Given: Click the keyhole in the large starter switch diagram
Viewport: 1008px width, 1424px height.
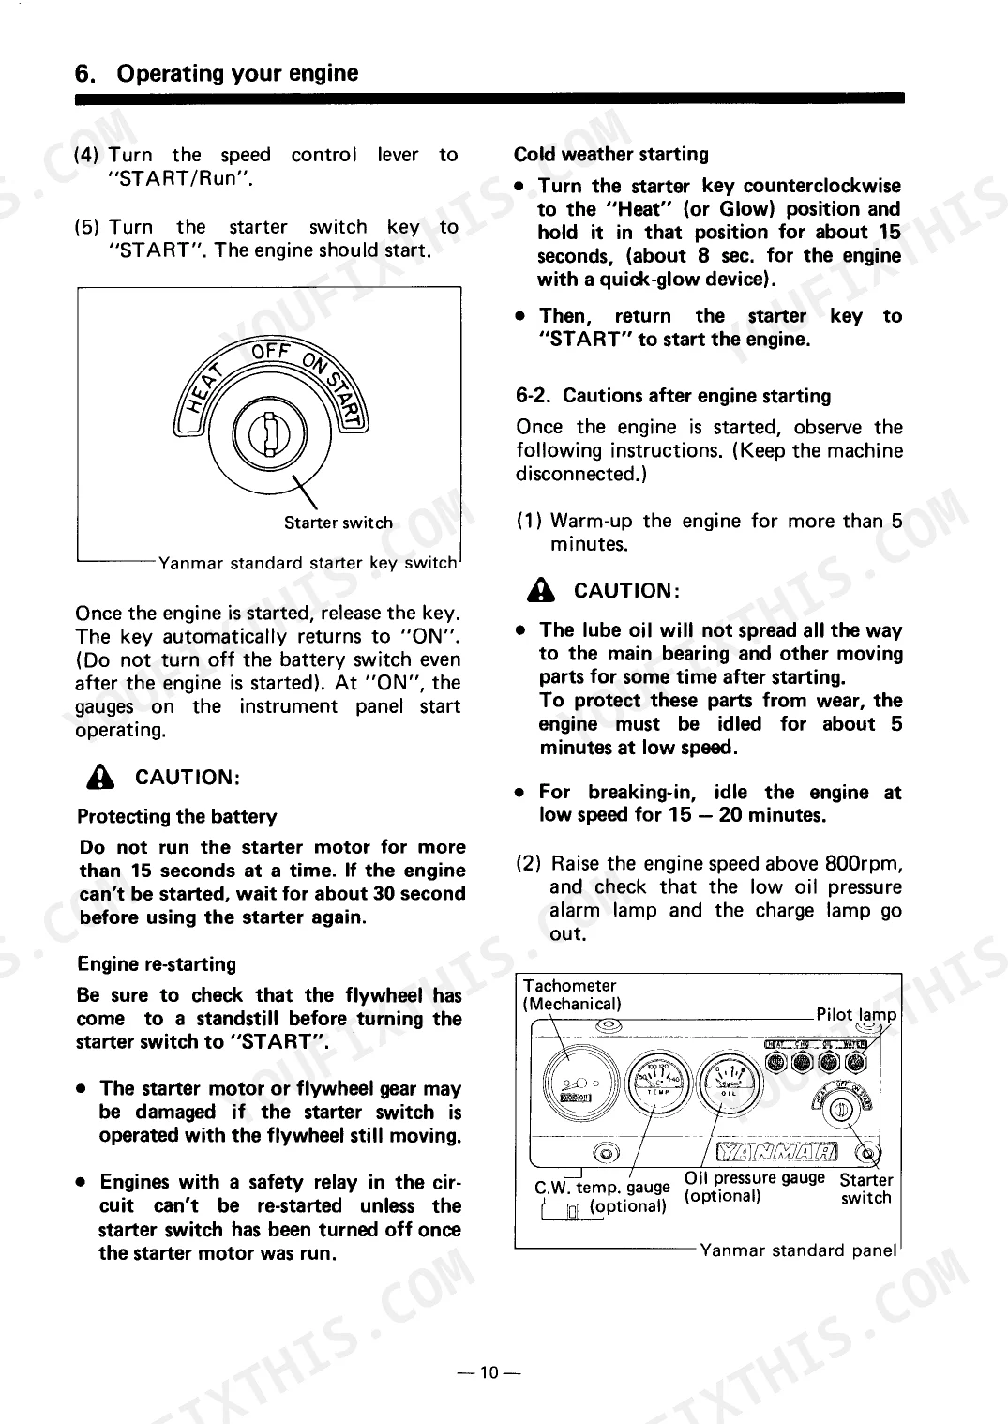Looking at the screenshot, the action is click(x=269, y=434).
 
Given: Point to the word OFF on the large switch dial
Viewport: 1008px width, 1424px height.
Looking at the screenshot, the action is click(x=271, y=352).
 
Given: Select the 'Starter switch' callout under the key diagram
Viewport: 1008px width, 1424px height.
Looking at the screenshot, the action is click(x=339, y=523).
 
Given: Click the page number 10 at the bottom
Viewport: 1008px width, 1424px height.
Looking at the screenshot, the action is click(x=489, y=1372).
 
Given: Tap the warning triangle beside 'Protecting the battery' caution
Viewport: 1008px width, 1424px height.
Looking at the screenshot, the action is click(x=100, y=777).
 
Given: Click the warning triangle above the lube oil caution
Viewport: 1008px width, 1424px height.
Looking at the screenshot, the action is click(x=541, y=590).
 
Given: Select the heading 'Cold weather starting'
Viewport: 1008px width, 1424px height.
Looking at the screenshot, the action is click(x=610, y=155).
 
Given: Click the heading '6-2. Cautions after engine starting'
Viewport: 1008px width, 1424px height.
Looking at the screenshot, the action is click(x=673, y=396).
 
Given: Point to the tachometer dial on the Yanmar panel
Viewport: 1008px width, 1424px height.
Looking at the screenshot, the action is click(x=579, y=1083).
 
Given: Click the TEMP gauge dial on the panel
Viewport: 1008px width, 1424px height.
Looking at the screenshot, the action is click(x=658, y=1083).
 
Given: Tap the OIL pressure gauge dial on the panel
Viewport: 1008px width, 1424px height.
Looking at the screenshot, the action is click(x=730, y=1083).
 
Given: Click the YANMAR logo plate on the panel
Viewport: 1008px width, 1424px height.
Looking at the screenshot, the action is click(x=776, y=1151).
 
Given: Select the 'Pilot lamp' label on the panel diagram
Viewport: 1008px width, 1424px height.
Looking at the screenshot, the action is click(x=856, y=1015).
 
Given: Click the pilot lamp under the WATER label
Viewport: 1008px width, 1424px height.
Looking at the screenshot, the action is click(x=856, y=1062).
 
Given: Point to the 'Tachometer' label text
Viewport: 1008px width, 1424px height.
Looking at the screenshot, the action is click(x=569, y=986).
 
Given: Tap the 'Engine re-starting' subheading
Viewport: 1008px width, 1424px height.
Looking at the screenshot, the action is click(x=157, y=964).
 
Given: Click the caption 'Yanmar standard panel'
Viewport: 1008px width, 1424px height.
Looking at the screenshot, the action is click(x=798, y=1250).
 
